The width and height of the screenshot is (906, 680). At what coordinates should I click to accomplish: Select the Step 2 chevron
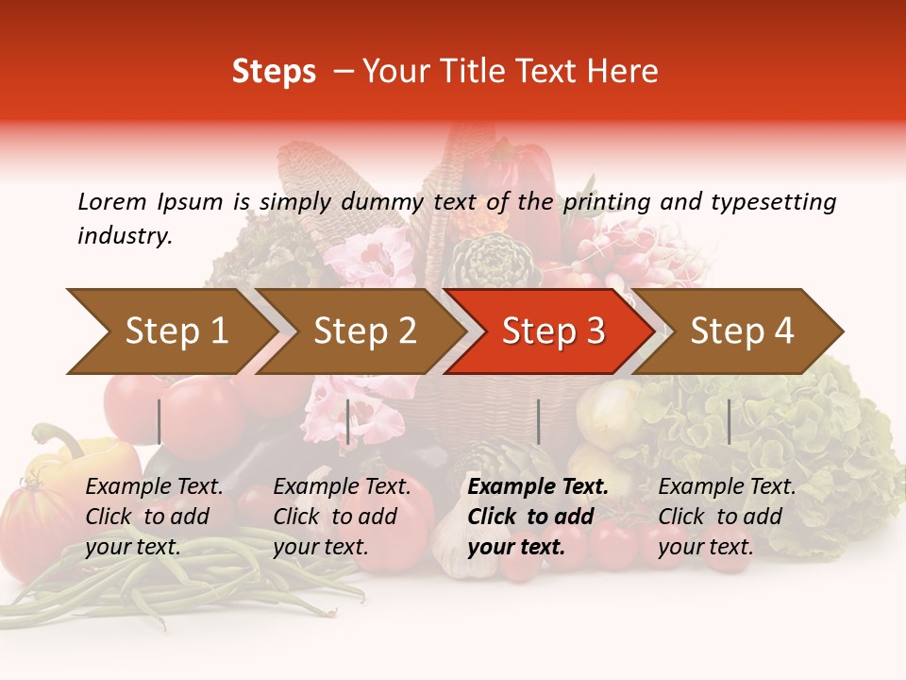(363, 331)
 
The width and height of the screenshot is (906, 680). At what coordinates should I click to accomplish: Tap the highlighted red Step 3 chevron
(552, 331)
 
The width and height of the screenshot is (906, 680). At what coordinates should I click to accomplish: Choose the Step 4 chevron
(741, 331)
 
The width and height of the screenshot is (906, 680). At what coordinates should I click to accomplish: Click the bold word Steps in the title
(274, 72)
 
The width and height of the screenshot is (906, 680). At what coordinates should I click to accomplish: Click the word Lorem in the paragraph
(111, 201)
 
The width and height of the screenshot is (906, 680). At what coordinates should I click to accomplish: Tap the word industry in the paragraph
(124, 235)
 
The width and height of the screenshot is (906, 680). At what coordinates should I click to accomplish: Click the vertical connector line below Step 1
(159, 421)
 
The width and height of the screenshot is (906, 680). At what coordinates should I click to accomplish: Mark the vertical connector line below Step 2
(348, 421)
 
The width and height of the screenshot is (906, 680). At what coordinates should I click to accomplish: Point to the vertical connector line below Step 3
(538, 421)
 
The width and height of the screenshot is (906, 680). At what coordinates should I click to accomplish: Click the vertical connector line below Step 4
(729, 421)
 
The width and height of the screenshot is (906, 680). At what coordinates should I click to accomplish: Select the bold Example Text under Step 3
(538, 487)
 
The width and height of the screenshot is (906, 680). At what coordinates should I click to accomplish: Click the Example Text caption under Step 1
(154, 487)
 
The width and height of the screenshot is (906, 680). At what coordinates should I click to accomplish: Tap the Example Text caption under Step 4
(727, 487)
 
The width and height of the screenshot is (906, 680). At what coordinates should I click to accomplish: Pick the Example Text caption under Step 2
(342, 487)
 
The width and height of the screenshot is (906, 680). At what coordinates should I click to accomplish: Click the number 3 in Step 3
(595, 331)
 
